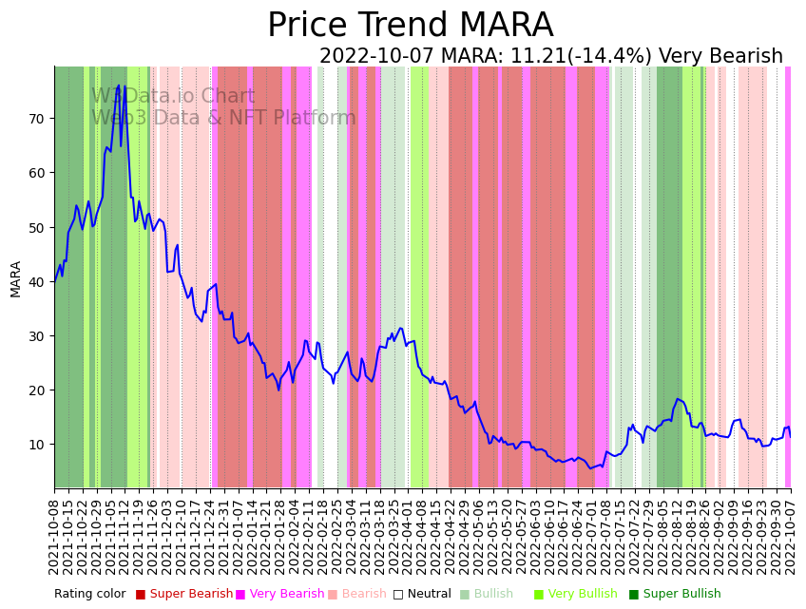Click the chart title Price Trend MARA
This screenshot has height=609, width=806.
pos(410,26)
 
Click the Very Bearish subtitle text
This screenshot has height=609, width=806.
pos(721,57)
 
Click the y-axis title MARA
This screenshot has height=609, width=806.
pos(16,278)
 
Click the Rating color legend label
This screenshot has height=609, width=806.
pos(89,595)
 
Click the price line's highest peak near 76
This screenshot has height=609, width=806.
pos(119,86)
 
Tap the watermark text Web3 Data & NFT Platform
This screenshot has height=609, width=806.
pos(223,119)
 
